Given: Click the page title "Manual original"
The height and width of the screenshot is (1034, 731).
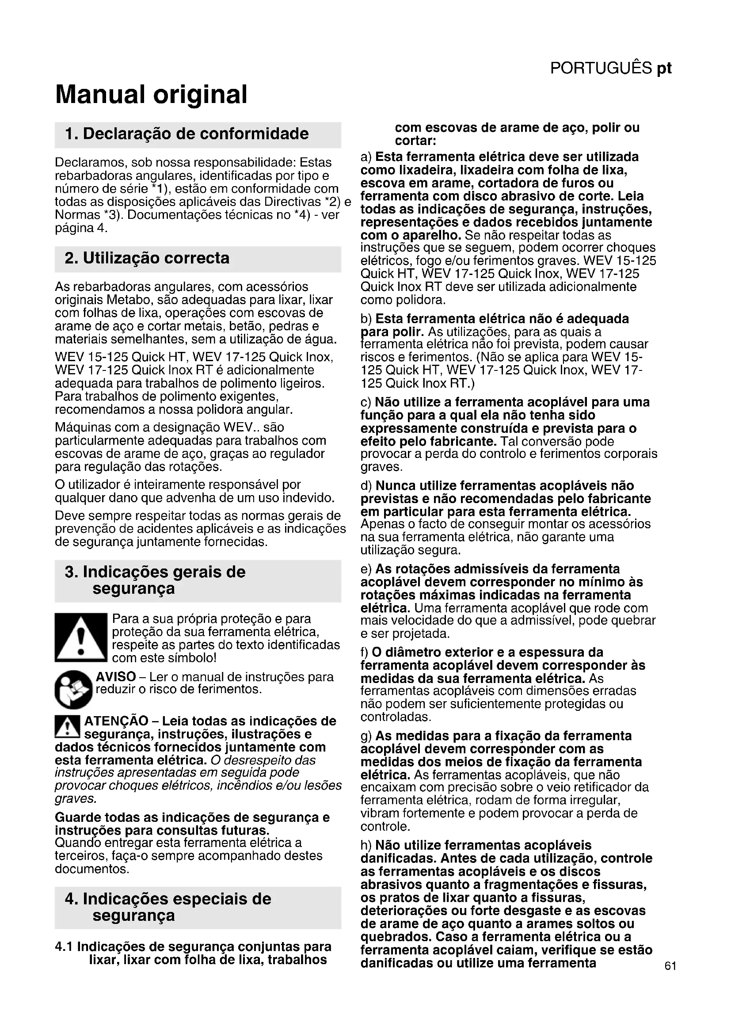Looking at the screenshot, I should pyautogui.click(x=151, y=95).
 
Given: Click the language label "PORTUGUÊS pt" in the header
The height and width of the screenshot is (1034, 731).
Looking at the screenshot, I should pyautogui.click(x=611, y=69).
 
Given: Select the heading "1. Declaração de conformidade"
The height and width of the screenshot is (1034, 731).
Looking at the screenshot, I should pyautogui.click(x=187, y=134).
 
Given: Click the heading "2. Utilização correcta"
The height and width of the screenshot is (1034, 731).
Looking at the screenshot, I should pyautogui.click(x=147, y=258).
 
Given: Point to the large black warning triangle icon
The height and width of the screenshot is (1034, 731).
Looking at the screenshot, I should pyautogui.click(x=80, y=637).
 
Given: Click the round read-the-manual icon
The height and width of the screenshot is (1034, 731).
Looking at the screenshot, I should pyautogui.click(x=73, y=690).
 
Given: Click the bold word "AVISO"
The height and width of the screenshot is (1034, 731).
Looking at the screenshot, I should pyautogui.click(x=116, y=677).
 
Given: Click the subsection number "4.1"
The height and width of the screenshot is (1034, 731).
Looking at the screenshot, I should pyautogui.click(x=64, y=946).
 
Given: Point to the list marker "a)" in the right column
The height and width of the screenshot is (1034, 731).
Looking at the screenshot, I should pyautogui.click(x=366, y=157).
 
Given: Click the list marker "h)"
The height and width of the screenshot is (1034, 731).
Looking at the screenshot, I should pyautogui.click(x=366, y=845).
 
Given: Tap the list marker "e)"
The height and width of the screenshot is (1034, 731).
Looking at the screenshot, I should pyautogui.click(x=366, y=569).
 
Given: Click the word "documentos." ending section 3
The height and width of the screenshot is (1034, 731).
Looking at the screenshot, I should pyautogui.click(x=92, y=869).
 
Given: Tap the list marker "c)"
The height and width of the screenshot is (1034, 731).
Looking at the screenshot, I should pyautogui.click(x=366, y=402).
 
